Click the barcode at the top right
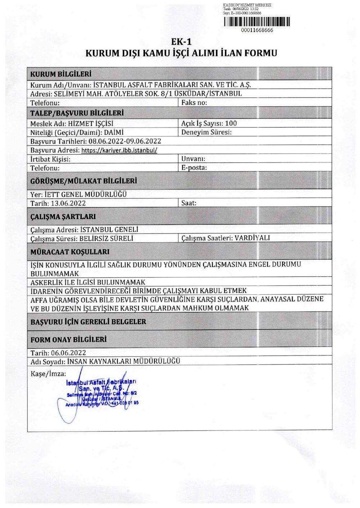[256, 22]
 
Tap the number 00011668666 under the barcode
[257, 31]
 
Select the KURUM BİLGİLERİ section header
[60, 74]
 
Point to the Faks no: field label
[194, 103]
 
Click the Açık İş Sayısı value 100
[231, 123]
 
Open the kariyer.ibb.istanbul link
[120, 150]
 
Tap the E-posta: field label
[194, 168]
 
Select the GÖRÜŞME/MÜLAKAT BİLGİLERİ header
[84, 181]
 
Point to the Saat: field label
[189, 203]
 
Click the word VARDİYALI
[252, 238]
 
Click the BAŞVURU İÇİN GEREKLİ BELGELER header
[89, 322]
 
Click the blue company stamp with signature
[103, 393]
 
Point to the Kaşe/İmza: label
[48, 373]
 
